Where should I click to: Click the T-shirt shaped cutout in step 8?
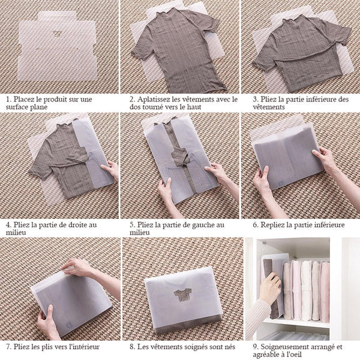click(x=183, y=295)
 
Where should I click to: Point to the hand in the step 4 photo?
click(x=110, y=170)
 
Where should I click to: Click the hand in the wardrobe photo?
click(x=270, y=289)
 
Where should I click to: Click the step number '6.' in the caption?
click(x=256, y=225)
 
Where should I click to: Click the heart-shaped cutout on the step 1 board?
click(x=57, y=34)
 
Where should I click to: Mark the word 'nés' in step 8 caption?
click(x=229, y=347)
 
